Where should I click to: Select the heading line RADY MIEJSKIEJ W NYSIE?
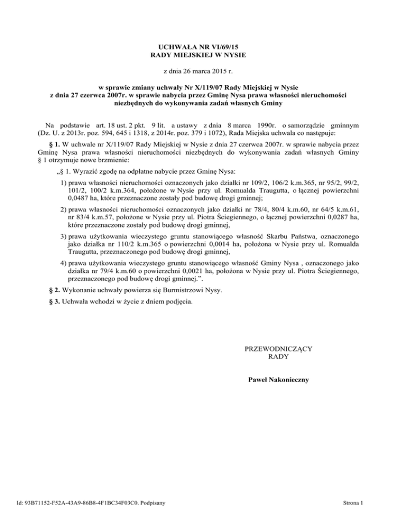[x=198, y=54]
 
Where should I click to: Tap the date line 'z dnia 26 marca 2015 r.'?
[x=198, y=70]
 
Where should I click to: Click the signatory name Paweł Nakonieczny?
[x=279, y=380]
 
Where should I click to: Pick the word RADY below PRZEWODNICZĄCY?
[x=279, y=357]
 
